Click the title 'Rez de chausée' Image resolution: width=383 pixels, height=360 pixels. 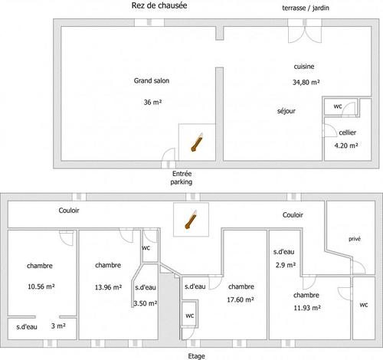[159, 5]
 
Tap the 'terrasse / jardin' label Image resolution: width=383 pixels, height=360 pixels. [306, 8]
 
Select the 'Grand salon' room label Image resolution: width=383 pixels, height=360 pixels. [152, 80]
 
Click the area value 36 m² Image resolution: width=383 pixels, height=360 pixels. [152, 102]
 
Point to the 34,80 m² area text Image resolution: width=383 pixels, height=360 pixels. [306, 82]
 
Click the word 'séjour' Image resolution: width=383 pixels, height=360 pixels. [286, 111]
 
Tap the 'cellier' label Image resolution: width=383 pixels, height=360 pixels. [347, 133]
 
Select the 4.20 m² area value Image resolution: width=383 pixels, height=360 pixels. [346, 146]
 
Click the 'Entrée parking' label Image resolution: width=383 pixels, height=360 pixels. [182, 178]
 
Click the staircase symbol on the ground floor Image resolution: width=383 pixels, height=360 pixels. [197, 142]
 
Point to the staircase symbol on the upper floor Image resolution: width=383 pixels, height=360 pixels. [191, 220]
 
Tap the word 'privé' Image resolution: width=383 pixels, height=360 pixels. [355, 239]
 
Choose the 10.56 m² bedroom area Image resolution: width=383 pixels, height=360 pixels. [41, 286]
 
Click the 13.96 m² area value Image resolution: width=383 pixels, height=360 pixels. [108, 287]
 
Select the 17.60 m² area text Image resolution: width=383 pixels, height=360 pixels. [241, 299]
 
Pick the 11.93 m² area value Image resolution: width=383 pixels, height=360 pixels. [307, 308]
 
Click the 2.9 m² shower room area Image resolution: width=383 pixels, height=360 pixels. [286, 265]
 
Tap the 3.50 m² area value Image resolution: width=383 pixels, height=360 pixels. [146, 303]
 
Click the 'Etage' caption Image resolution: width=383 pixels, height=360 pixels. [196, 356]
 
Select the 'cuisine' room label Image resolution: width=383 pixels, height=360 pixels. [304, 67]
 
